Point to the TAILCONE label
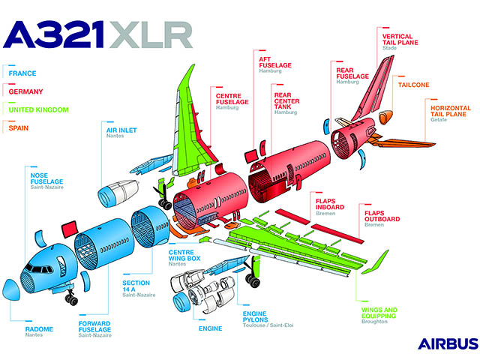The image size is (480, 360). click(414, 85)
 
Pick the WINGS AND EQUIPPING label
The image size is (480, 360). click(379, 313)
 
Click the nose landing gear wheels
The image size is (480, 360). click(72, 299)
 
